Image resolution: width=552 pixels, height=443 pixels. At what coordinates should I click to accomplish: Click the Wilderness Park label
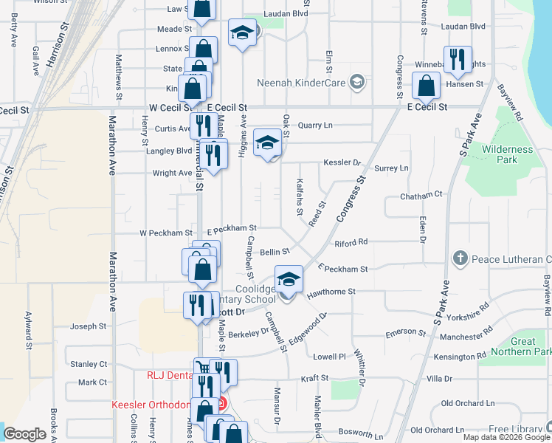pos(507,154)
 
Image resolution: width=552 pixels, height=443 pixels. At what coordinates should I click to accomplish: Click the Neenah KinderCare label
pos(301,82)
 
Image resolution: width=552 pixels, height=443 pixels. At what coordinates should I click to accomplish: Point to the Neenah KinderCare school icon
pos(357,81)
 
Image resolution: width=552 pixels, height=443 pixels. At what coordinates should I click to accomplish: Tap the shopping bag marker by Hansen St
pos(427,86)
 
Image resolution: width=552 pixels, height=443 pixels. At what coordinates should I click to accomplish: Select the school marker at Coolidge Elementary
pos(289,280)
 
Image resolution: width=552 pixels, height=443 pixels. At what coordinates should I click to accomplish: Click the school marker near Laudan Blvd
pos(241,32)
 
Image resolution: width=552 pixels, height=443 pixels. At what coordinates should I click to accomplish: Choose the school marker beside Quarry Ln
pos(268,142)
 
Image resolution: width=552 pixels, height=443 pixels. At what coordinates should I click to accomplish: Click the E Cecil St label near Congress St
pos(427,107)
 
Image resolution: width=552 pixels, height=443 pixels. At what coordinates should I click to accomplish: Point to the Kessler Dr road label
pos(341,162)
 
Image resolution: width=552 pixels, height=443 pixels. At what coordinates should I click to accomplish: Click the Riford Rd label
pos(351,242)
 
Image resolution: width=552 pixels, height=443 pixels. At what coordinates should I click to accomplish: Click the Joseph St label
pos(88,326)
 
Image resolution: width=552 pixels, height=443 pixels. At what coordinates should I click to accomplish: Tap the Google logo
pos(24,434)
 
